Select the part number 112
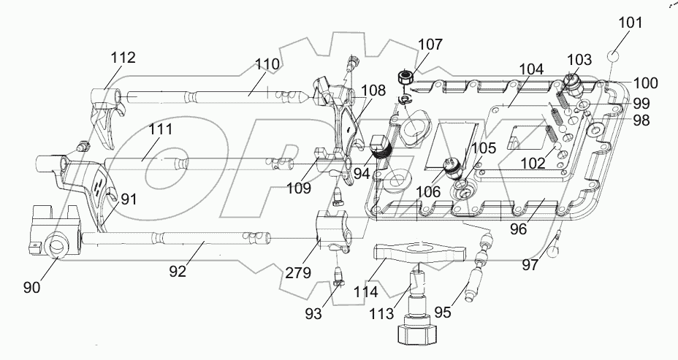[123, 58]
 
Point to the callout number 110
[267, 64]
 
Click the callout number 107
[430, 45]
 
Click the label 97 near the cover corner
[531, 265]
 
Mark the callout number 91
[129, 198]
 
